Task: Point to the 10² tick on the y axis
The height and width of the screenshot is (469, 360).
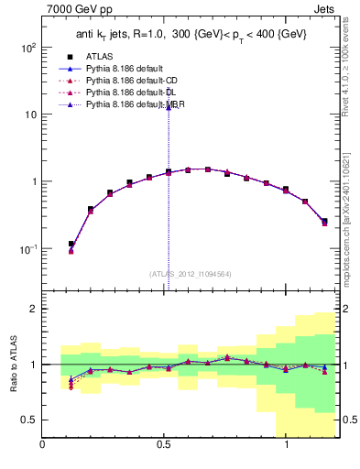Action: (27, 48)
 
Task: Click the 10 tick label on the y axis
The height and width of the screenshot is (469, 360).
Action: (29, 115)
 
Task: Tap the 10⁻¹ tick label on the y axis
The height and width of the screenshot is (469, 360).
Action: (27, 249)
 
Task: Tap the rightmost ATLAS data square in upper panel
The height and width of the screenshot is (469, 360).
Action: (324, 221)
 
